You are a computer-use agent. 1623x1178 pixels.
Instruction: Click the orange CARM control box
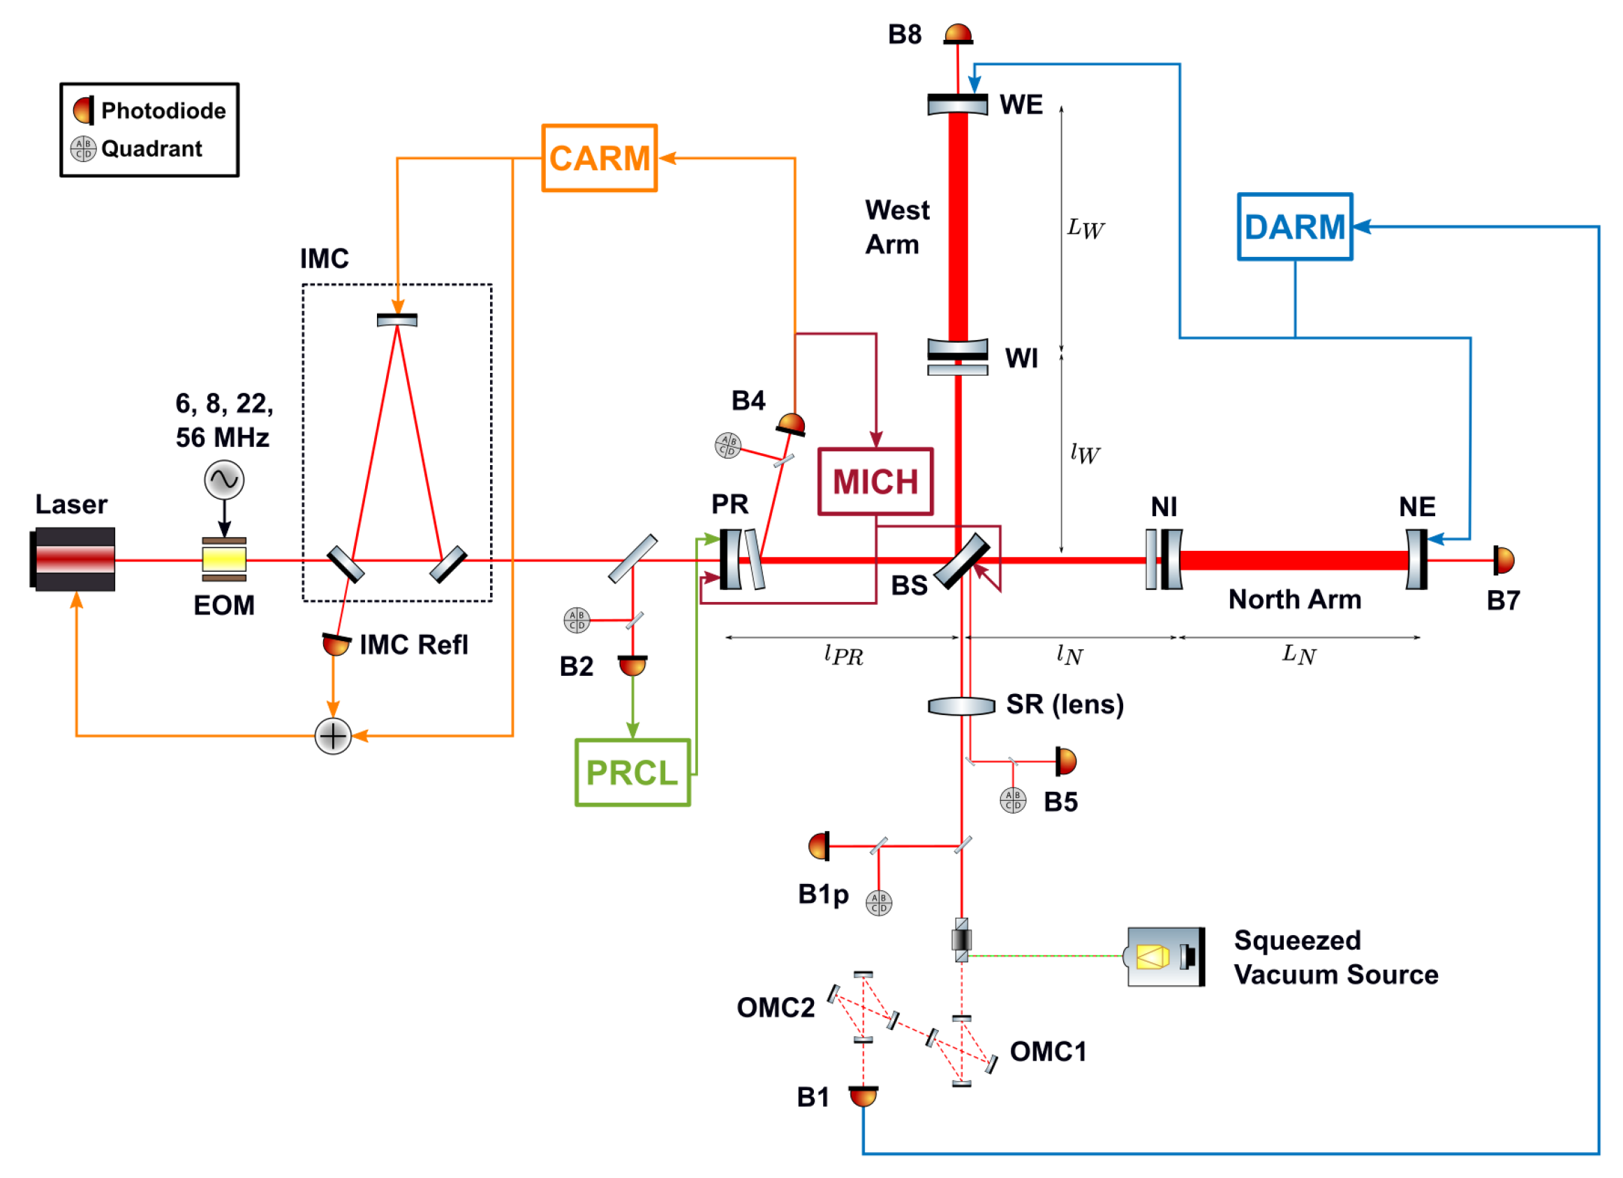[599, 159]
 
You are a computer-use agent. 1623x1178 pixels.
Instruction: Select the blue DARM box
[1294, 227]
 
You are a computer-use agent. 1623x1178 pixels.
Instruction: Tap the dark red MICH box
[875, 482]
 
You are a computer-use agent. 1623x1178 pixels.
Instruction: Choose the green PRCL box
[632, 773]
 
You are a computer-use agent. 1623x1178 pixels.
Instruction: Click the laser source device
[73, 559]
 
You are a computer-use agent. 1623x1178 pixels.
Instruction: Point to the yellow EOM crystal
[224, 559]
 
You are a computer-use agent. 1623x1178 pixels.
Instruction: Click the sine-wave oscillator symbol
[224, 480]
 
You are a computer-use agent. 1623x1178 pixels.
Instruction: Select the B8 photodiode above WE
[958, 34]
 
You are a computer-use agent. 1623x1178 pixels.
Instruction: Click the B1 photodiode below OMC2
[863, 1096]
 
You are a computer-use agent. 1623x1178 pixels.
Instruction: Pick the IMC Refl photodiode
[336, 644]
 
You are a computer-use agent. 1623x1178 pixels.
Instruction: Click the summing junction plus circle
[333, 736]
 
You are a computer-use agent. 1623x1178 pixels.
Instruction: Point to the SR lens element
[961, 707]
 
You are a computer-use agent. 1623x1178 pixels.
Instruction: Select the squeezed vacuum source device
[1165, 957]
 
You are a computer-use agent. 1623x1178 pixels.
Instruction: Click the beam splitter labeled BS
[961, 561]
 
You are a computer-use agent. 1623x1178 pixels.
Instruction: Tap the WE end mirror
[957, 105]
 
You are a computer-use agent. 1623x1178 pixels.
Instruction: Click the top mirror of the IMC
[397, 319]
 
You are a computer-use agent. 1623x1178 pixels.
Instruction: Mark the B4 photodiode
[792, 425]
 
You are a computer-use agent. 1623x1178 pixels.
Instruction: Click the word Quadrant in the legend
[151, 149]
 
